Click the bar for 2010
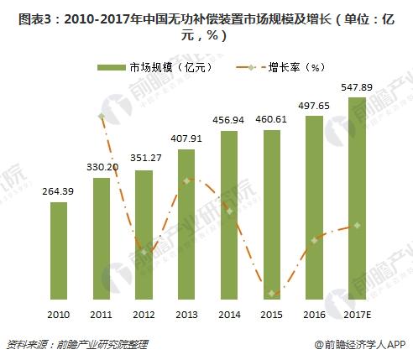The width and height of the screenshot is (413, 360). coord(59,255)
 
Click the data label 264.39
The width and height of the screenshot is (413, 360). coord(59,193)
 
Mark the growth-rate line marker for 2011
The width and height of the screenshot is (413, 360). coord(102,116)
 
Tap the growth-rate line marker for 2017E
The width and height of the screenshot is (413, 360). coord(358,226)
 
